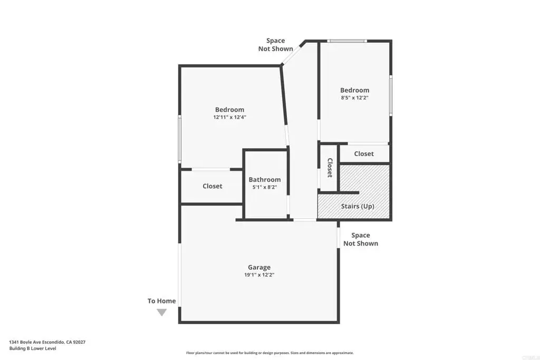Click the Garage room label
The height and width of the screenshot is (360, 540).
tap(259, 267)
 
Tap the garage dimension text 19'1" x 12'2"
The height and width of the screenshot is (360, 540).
tap(259, 275)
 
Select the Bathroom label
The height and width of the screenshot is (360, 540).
tap(265, 180)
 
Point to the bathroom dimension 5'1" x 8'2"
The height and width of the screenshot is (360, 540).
tap(265, 187)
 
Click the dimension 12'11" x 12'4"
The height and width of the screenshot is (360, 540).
tap(230, 117)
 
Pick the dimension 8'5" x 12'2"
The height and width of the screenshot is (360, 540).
tap(355, 98)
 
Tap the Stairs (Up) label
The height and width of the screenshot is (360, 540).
tap(358, 206)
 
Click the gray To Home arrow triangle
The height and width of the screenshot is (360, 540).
tap(162, 312)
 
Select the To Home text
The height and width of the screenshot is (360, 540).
tap(161, 301)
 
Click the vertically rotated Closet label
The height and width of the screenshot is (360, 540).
tap(330, 168)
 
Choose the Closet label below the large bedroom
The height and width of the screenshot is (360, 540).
tap(212, 186)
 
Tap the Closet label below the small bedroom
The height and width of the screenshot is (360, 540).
tap(364, 154)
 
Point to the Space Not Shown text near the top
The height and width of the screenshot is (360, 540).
tap(275, 45)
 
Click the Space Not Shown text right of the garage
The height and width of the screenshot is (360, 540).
tap(361, 239)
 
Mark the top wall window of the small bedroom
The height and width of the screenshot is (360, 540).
tap(347, 41)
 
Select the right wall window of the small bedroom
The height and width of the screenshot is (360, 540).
tap(391, 95)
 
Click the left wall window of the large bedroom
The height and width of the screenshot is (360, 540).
tap(179, 139)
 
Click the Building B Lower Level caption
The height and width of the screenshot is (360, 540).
tap(33, 348)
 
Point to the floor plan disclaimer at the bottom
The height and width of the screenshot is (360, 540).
tap(270, 353)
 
